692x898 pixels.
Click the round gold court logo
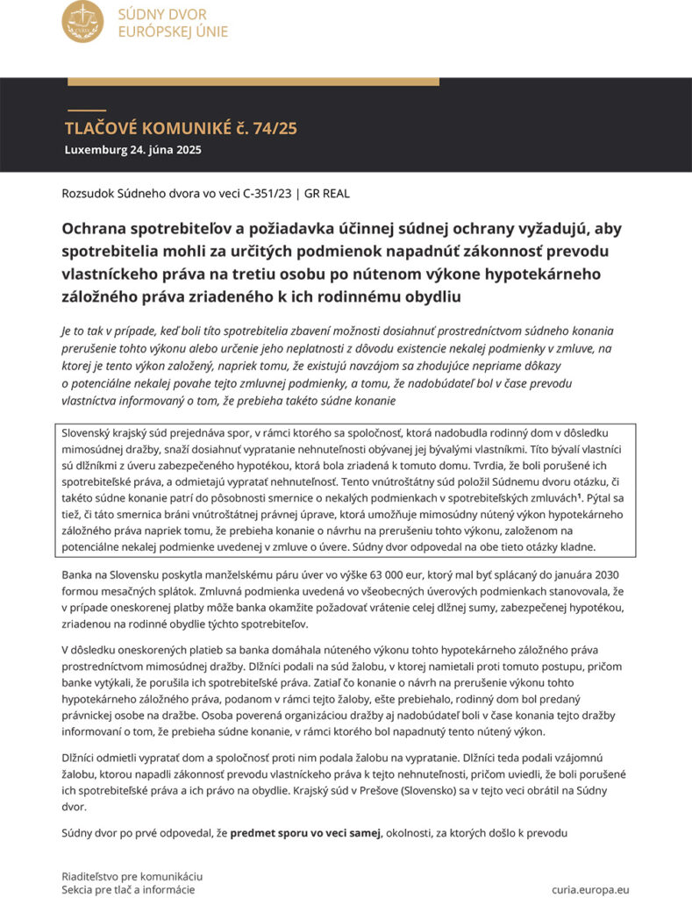coord(82,22)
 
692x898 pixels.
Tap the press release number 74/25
coord(275,128)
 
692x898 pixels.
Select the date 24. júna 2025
coord(164,149)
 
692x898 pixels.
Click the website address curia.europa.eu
coord(590,888)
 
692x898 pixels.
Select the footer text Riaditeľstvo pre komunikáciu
coord(132,875)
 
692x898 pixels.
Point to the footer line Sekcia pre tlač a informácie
coord(128,888)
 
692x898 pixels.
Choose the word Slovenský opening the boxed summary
coord(90,433)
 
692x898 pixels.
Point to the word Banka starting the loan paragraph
coord(78,574)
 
